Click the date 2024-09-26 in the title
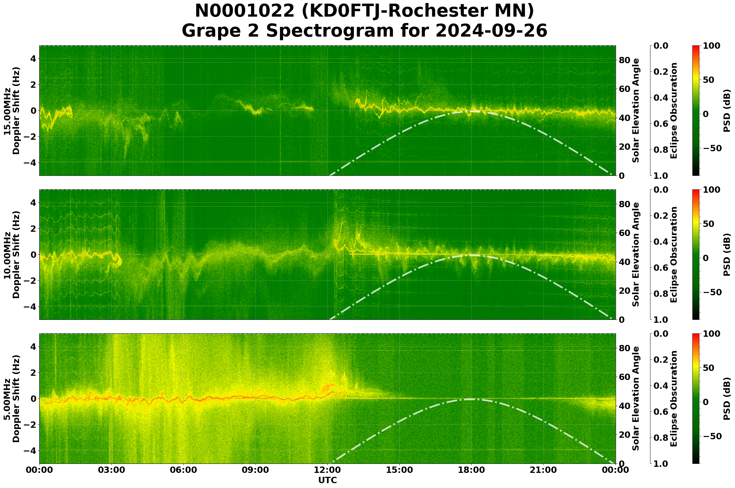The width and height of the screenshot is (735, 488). pyautogui.click(x=491, y=31)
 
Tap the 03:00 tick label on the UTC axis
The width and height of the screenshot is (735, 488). pyautogui.click(x=111, y=470)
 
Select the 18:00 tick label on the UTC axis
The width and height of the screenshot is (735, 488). pyautogui.click(x=471, y=470)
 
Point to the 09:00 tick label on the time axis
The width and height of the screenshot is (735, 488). pyautogui.click(x=256, y=470)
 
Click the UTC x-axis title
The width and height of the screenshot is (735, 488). pyautogui.click(x=327, y=480)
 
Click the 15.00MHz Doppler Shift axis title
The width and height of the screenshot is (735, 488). pyautogui.click(x=12, y=110)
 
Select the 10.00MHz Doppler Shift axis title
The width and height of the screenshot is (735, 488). pyautogui.click(x=12, y=254)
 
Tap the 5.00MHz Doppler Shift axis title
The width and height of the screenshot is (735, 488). pyautogui.click(x=12, y=399)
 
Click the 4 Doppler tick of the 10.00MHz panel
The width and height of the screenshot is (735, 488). pyautogui.click(x=33, y=203)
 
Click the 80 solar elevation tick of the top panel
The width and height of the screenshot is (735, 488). pyautogui.click(x=625, y=60)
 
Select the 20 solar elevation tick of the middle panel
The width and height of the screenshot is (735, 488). pyautogui.click(x=625, y=291)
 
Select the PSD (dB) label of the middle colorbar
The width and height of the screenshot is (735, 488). pyautogui.click(x=727, y=254)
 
